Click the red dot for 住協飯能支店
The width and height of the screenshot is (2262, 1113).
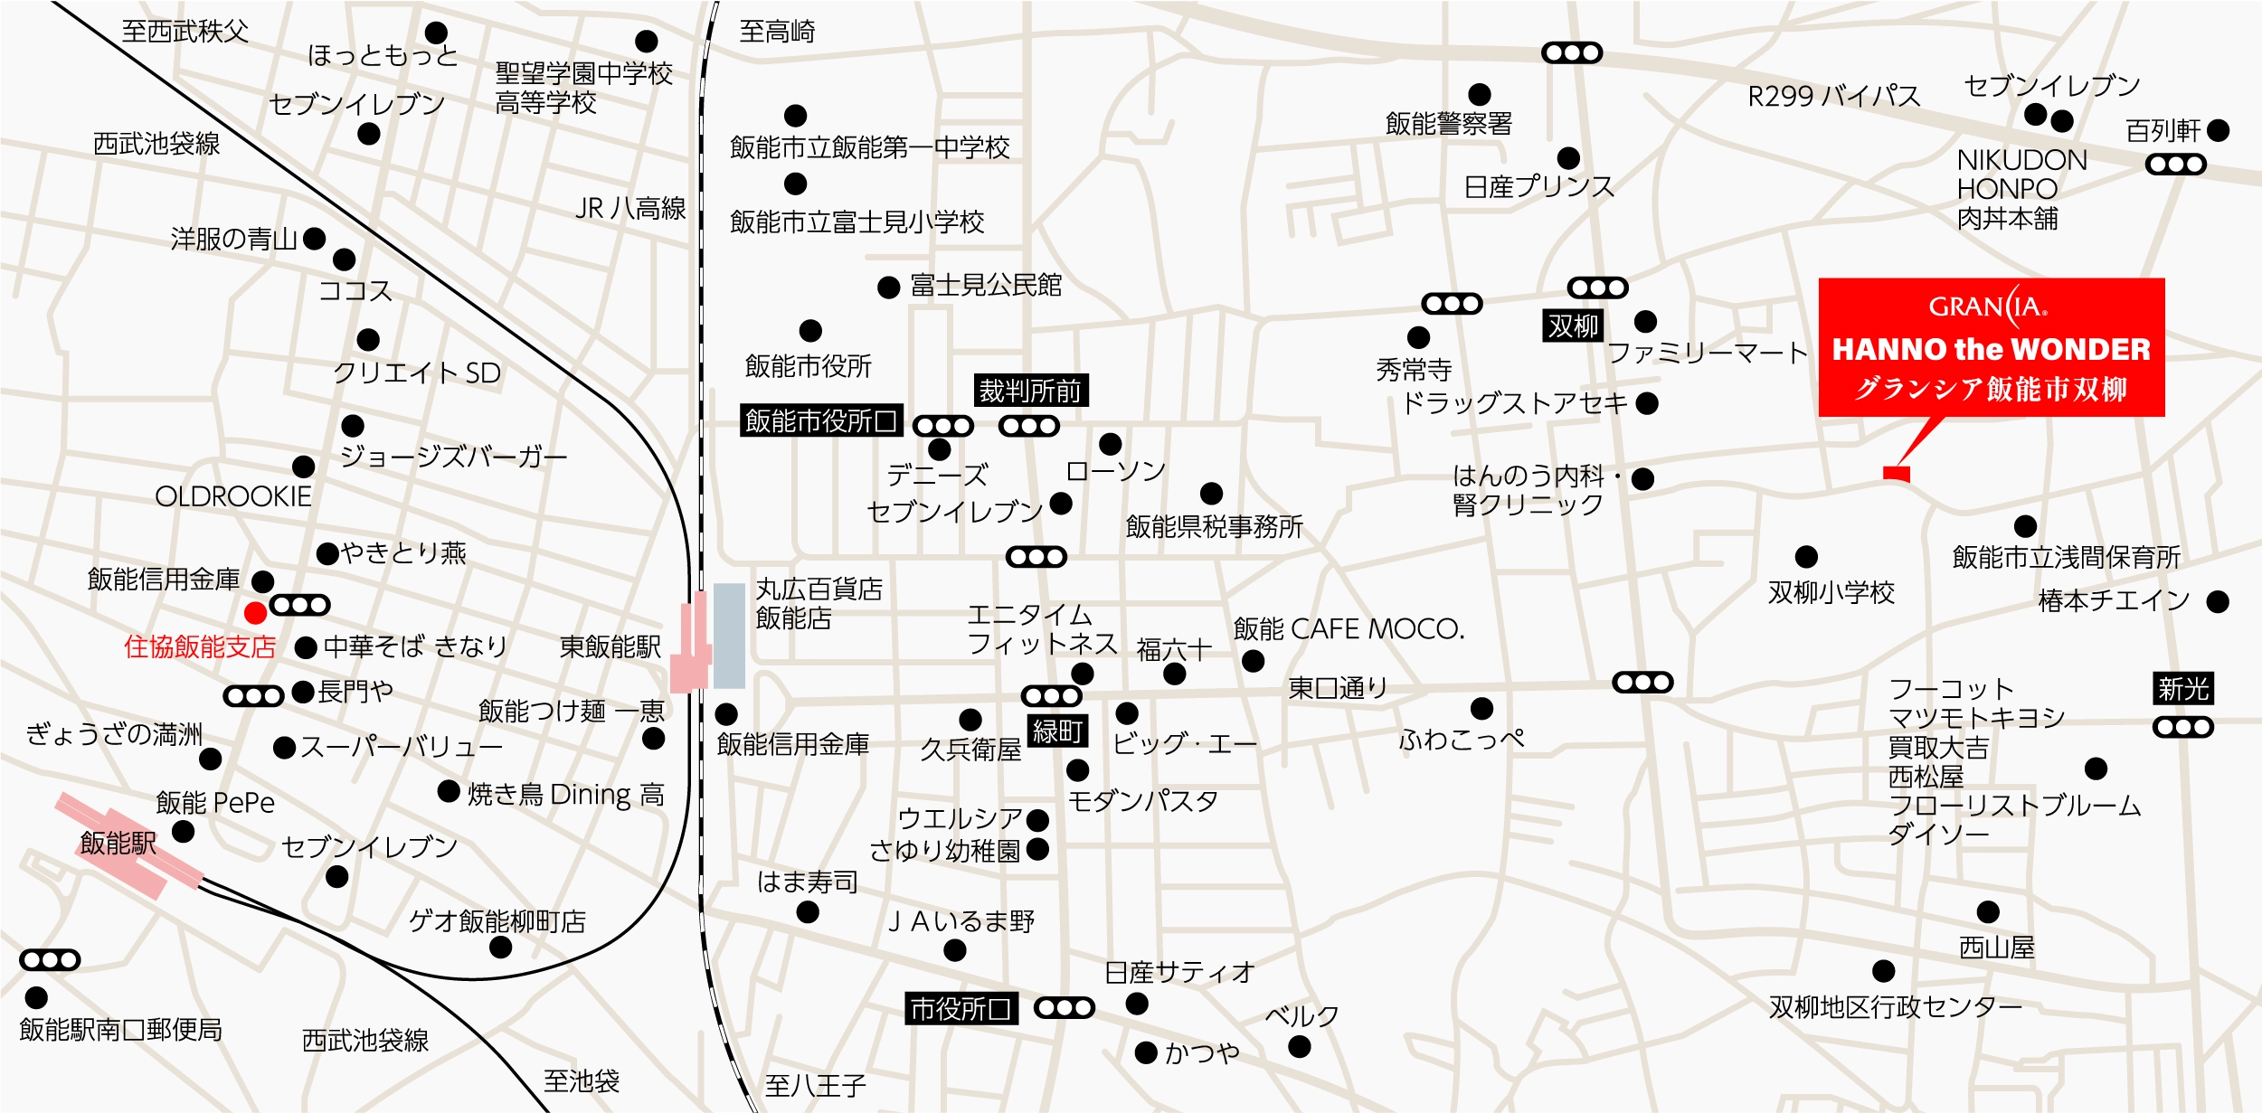click(255, 613)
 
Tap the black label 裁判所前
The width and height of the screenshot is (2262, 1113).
click(1030, 391)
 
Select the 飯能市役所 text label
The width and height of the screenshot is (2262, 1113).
click(808, 366)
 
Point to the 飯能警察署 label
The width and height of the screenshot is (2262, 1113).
click(1448, 124)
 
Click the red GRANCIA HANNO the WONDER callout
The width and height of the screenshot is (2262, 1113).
click(1991, 347)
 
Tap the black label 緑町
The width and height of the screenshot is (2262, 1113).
click(1057, 731)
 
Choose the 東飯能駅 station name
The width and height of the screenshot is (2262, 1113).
click(610, 646)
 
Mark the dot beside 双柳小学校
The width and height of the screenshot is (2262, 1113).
click(1806, 557)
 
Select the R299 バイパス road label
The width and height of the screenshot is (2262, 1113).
click(1833, 96)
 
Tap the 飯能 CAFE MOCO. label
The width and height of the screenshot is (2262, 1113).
click(1349, 628)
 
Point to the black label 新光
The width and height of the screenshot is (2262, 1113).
click(2182, 689)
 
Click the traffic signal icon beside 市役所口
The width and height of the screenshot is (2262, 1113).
click(1064, 1007)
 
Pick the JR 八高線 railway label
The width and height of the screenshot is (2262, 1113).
click(630, 209)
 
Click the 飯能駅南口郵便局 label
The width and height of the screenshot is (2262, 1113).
click(120, 1029)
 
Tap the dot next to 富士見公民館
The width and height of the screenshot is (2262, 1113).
click(888, 288)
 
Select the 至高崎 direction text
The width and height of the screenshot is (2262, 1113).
click(777, 32)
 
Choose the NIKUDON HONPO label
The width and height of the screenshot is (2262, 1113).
click(2021, 174)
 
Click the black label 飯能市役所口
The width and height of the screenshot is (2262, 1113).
click(821, 420)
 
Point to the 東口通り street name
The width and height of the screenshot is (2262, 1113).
click(1338, 688)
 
